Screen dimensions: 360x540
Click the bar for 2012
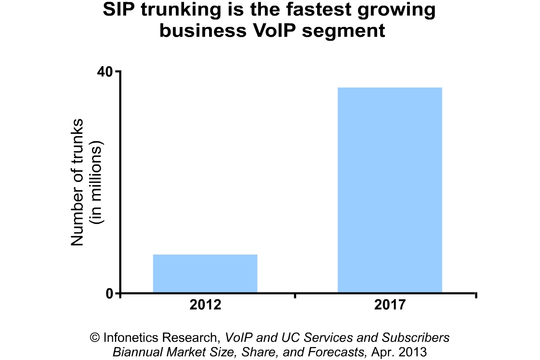point(205,274)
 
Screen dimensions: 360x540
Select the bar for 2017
point(390,190)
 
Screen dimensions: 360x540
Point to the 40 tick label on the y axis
point(105,71)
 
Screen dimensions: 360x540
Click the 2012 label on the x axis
point(205,305)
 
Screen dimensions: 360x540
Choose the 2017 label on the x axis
point(390,305)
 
